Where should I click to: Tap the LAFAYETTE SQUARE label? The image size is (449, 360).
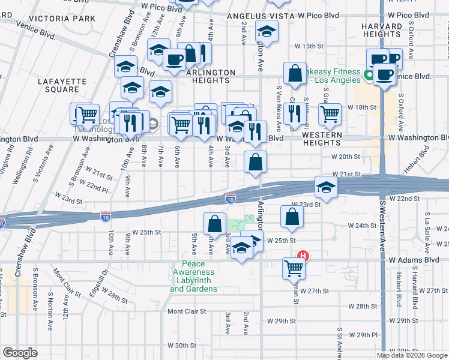click(58, 85)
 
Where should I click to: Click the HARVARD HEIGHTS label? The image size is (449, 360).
click(382, 31)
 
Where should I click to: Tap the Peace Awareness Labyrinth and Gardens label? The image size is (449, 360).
click(193, 277)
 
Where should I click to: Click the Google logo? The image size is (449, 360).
click(20, 352)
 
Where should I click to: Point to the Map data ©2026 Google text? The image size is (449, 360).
click(412, 355)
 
